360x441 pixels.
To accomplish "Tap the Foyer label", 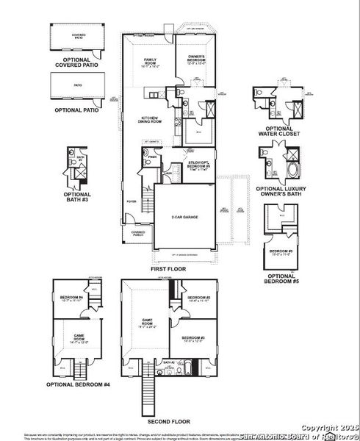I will click(131, 201).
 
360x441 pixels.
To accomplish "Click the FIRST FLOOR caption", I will click(168, 270).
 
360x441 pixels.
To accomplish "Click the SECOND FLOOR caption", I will click(168, 422).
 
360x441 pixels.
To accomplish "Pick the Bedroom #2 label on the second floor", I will click(200, 298).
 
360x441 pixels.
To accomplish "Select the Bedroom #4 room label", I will click(71, 298).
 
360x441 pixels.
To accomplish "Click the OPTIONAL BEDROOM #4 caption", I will click(79, 384).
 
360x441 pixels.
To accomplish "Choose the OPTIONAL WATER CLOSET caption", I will click(280, 130).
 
